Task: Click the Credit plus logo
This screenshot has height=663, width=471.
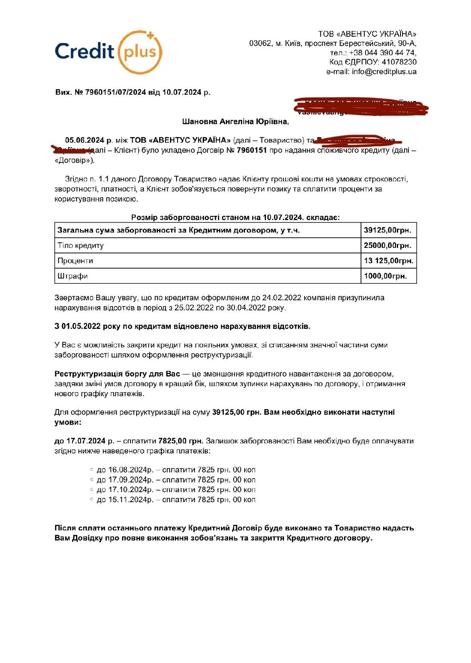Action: (108, 52)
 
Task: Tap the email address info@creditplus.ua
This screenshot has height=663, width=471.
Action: (384, 72)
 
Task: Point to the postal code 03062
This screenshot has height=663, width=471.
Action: (260, 43)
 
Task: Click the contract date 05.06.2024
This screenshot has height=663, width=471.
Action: (85, 140)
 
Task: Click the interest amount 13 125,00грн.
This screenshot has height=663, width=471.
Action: (388, 261)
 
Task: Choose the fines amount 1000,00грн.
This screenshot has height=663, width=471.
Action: (385, 276)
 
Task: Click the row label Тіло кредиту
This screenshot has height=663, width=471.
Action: (81, 245)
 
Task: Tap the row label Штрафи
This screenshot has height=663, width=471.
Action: (73, 276)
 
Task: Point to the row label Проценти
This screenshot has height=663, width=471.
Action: (75, 261)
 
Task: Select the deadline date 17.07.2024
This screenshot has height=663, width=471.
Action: (86, 441)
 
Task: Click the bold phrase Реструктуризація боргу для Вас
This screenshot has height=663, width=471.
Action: (117, 374)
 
